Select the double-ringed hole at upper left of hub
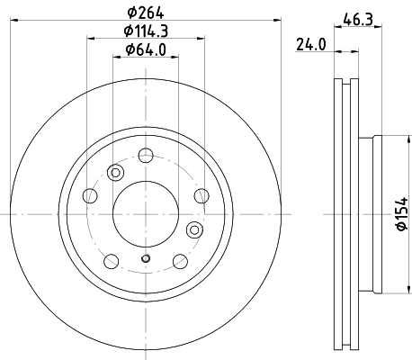coord(114,174)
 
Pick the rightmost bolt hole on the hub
coord(200,196)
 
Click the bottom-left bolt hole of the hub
coord(111,261)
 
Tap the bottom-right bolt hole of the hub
coord(178,261)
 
